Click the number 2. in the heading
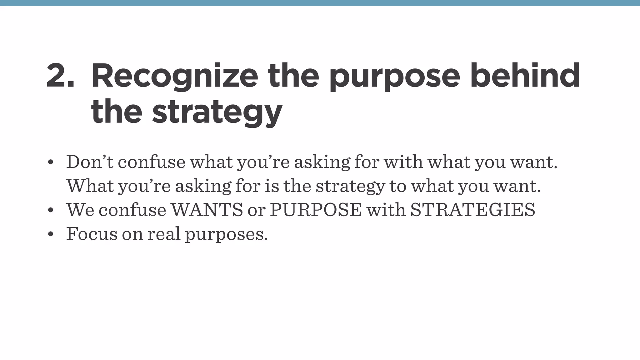[60, 76]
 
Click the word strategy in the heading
[217, 113]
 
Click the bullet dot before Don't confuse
[51, 163]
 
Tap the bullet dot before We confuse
[51, 210]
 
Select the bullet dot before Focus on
[51, 234]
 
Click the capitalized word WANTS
[207, 210]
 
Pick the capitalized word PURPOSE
[316, 210]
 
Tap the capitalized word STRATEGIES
[472, 210]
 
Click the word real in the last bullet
[164, 233]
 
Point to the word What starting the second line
[90, 186]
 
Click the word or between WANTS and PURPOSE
[256, 210]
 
